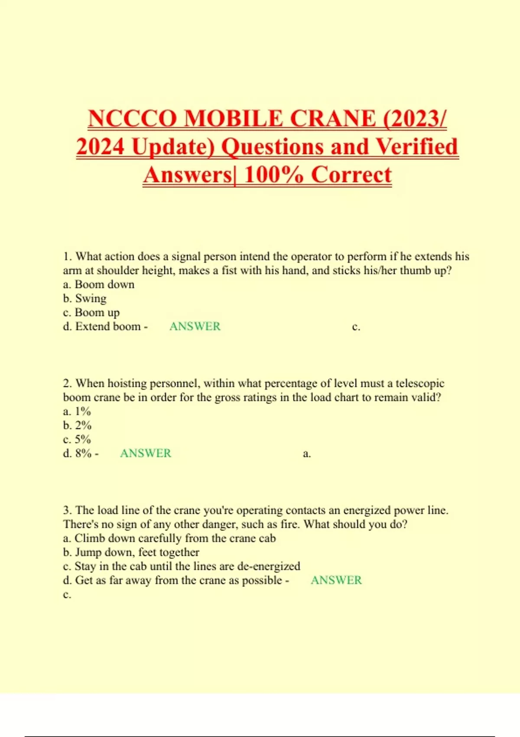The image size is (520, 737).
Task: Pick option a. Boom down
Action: (99, 284)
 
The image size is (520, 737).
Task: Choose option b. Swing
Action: (84, 299)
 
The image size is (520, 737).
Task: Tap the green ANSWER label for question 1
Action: (195, 326)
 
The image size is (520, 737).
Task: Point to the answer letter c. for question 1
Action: (356, 327)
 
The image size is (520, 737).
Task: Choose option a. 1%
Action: (77, 411)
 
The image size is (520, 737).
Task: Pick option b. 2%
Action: (77, 425)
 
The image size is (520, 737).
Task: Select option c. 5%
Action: (77, 440)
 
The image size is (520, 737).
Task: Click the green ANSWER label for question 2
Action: (146, 453)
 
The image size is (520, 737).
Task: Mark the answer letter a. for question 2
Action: (307, 454)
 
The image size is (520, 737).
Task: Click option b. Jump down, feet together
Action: (131, 552)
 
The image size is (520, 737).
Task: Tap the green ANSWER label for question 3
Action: (336, 580)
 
